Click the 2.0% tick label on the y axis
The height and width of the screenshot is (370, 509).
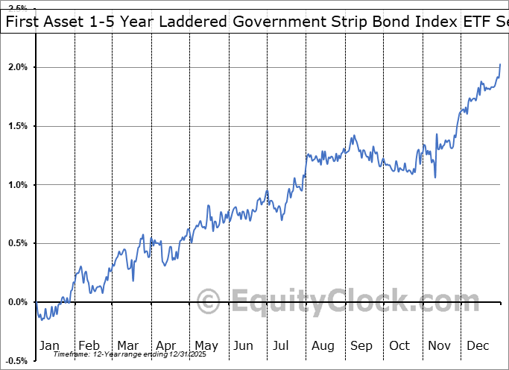(16, 68)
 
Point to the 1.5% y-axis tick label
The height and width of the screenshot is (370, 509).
(16, 126)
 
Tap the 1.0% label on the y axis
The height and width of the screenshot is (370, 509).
(16, 185)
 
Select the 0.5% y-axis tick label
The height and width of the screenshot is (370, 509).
(16, 243)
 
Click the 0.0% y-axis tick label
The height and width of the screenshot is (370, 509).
(16, 302)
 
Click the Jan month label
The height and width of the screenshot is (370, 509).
(50, 345)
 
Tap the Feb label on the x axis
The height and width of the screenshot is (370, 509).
(89, 345)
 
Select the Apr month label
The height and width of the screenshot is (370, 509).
(165, 345)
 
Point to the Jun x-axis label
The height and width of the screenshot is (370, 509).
(244, 345)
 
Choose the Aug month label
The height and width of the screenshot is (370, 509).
(322, 345)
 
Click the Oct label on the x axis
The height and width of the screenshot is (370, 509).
(399, 345)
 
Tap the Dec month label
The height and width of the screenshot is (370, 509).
(478, 345)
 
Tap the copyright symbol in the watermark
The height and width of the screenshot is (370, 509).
(208, 302)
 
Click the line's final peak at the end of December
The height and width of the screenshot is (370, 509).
(500, 65)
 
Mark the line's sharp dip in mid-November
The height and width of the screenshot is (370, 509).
(435, 178)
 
